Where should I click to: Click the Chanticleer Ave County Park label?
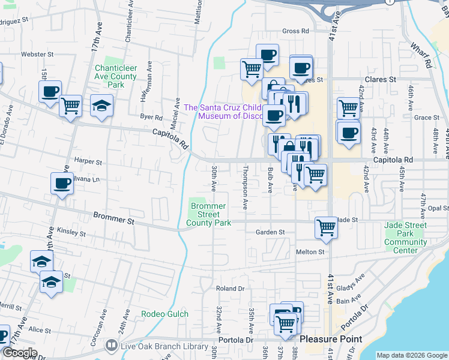(116, 76)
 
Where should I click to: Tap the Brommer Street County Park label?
(208, 214)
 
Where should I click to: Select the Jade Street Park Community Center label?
(405, 234)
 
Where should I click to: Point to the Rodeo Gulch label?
(164, 314)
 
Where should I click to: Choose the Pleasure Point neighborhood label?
(331, 339)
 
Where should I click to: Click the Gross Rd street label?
(295, 31)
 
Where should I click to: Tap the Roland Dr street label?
(231, 289)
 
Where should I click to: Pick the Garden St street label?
(270, 232)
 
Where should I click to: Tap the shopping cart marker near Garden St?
(325, 227)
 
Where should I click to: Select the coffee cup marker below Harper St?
(62, 184)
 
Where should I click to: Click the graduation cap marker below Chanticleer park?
(101, 106)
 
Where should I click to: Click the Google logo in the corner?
(20, 353)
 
